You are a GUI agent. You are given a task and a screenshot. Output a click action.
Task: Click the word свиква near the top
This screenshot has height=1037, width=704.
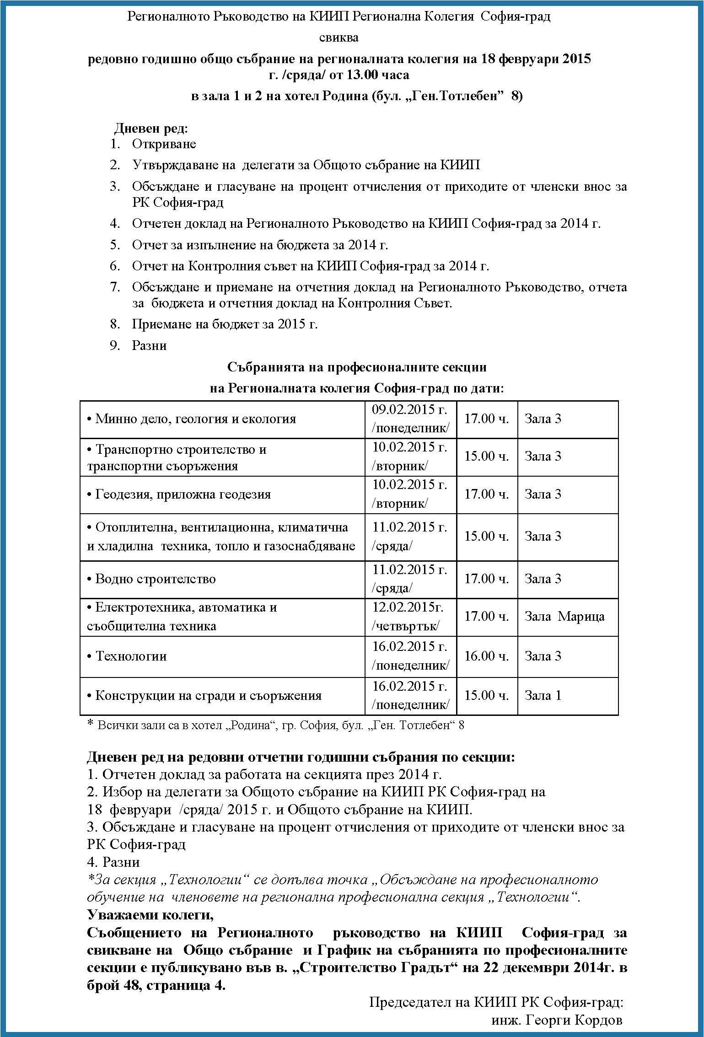point(339,38)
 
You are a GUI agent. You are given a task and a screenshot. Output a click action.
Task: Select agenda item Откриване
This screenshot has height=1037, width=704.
point(164,144)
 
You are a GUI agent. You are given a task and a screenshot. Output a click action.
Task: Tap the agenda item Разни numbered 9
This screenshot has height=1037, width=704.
point(149,345)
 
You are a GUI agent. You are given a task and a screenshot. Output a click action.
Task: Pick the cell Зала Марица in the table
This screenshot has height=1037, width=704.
point(564,617)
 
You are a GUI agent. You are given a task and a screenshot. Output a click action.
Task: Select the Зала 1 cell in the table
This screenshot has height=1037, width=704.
point(543,695)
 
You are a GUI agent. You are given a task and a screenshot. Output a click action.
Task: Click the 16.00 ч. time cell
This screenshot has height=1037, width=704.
point(486,656)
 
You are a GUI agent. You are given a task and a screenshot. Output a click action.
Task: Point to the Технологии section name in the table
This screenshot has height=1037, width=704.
point(131,656)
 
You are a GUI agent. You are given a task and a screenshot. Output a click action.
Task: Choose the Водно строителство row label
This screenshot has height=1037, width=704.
point(155,579)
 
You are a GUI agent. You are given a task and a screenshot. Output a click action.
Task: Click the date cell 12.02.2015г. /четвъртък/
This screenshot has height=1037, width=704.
point(408,617)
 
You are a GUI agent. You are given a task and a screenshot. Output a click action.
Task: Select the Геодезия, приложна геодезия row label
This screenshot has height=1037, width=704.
point(183,494)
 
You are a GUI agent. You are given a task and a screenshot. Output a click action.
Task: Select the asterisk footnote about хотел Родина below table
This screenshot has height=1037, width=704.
point(275,725)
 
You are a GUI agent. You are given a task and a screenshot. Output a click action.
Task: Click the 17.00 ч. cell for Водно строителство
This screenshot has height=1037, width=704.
point(486,579)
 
